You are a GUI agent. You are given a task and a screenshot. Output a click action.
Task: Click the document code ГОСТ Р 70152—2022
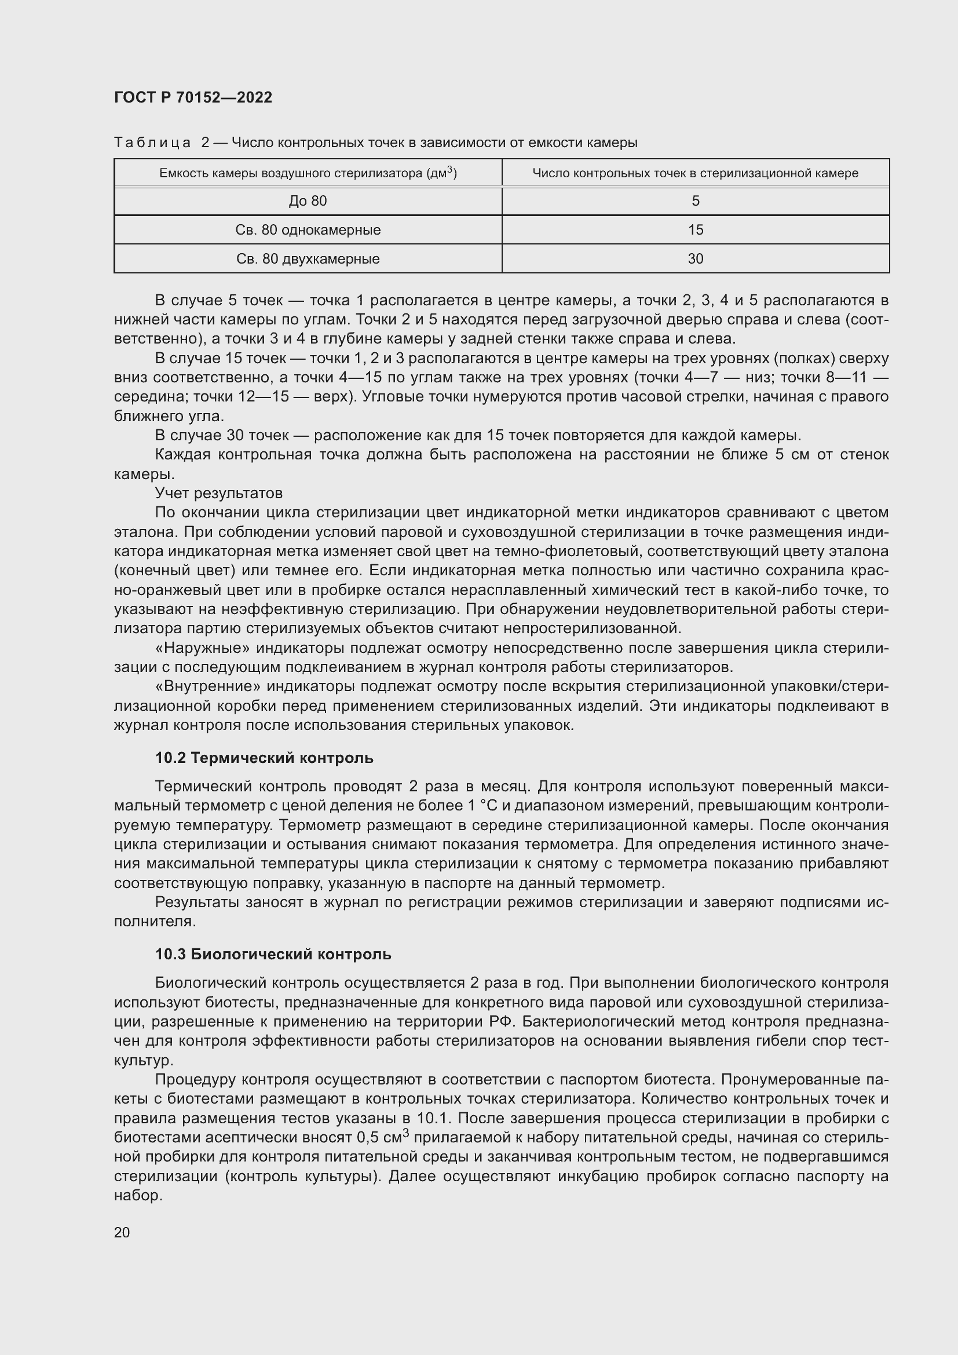coord(193,97)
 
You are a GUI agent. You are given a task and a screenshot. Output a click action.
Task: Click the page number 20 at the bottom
coord(122,1232)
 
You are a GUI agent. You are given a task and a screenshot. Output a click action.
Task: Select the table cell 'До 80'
coord(308,201)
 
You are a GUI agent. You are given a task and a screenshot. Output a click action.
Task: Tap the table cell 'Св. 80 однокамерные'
coord(308,230)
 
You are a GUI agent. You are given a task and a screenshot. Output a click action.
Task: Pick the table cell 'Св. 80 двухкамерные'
coord(308,259)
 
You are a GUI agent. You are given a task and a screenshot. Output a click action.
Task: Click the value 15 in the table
coord(695,230)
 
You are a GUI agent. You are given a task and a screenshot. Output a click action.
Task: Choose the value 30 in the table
coord(695,259)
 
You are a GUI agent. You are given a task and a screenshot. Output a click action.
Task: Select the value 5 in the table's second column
coord(695,201)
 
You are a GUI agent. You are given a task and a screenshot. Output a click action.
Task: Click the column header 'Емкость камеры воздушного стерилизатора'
coord(308,173)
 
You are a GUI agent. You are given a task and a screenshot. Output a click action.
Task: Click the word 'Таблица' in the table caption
coord(152,143)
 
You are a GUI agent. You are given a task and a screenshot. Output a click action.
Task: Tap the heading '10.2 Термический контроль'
coord(264,758)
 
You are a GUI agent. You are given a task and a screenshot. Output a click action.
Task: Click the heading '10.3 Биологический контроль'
coord(273,954)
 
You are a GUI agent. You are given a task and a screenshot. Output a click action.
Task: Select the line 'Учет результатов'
coord(218,493)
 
